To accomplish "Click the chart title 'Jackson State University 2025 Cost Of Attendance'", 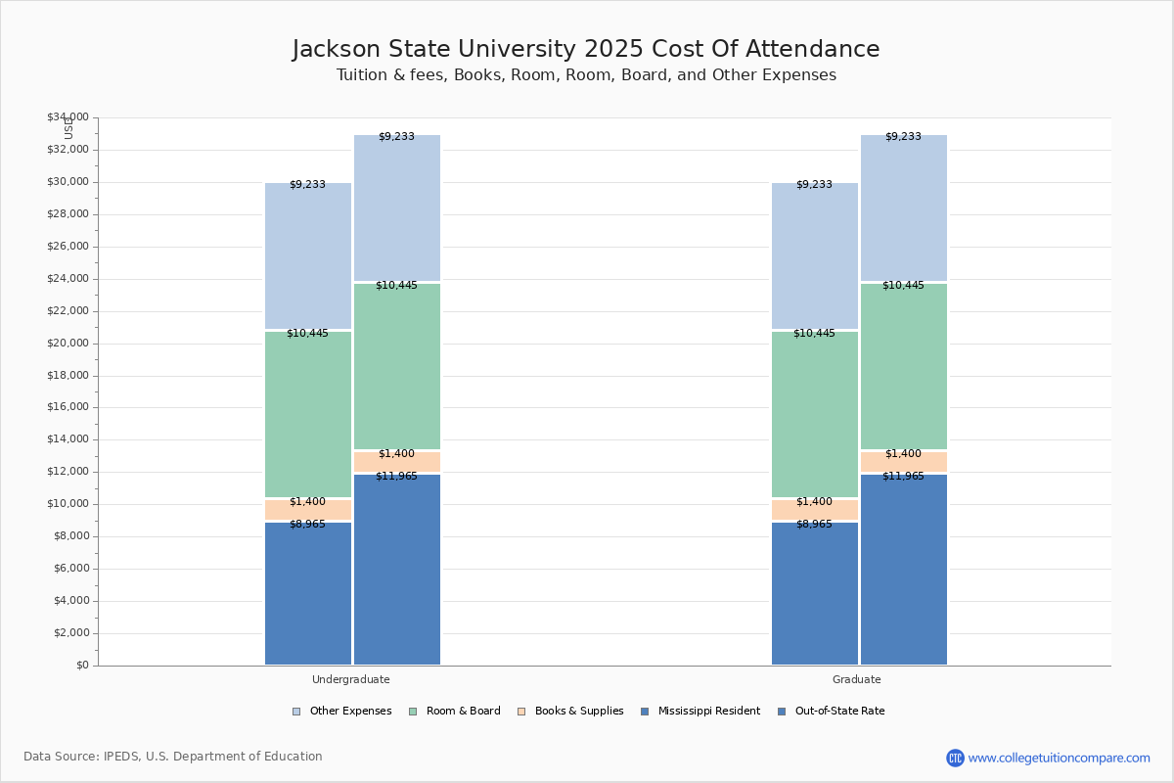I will [x=586, y=50].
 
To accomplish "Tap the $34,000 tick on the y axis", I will [x=68, y=117].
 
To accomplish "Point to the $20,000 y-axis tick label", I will [x=68, y=344].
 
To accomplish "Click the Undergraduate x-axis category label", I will [x=350, y=679].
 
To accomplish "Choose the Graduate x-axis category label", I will [x=856, y=679].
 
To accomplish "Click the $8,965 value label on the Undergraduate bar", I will [x=307, y=525].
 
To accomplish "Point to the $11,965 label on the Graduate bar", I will [x=903, y=477].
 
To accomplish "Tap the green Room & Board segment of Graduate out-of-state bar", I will [x=904, y=366].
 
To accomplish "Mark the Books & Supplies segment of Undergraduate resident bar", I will [x=308, y=510].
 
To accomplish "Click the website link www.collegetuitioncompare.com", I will [x=1059, y=758].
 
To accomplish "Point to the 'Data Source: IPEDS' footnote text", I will [x=173, y=757].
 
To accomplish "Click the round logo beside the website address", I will [x=955, y=758].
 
